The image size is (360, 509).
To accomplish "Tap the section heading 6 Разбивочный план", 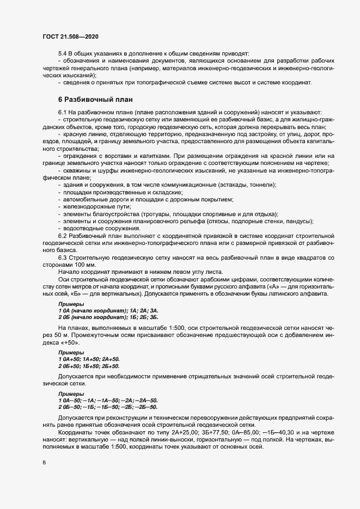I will tap(92, 100).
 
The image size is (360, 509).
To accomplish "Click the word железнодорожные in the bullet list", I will tap(88, 207).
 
